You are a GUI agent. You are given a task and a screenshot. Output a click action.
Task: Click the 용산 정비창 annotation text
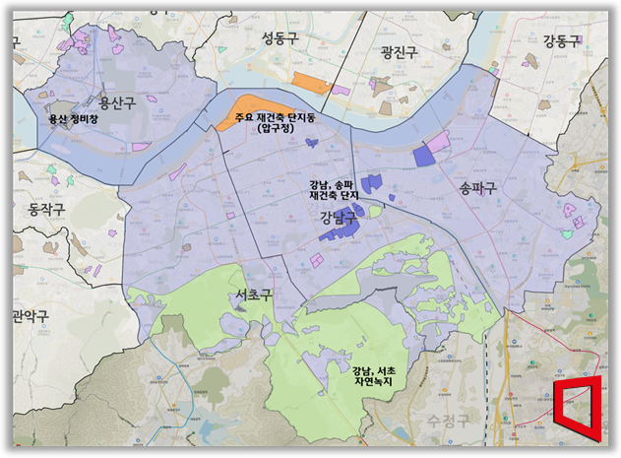(74, 119)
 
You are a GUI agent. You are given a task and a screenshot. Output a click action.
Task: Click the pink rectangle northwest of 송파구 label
(437, 140)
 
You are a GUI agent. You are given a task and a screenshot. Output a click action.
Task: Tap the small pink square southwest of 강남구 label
(317, 259)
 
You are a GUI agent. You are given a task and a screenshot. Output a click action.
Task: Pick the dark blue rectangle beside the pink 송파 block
(423, 156)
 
